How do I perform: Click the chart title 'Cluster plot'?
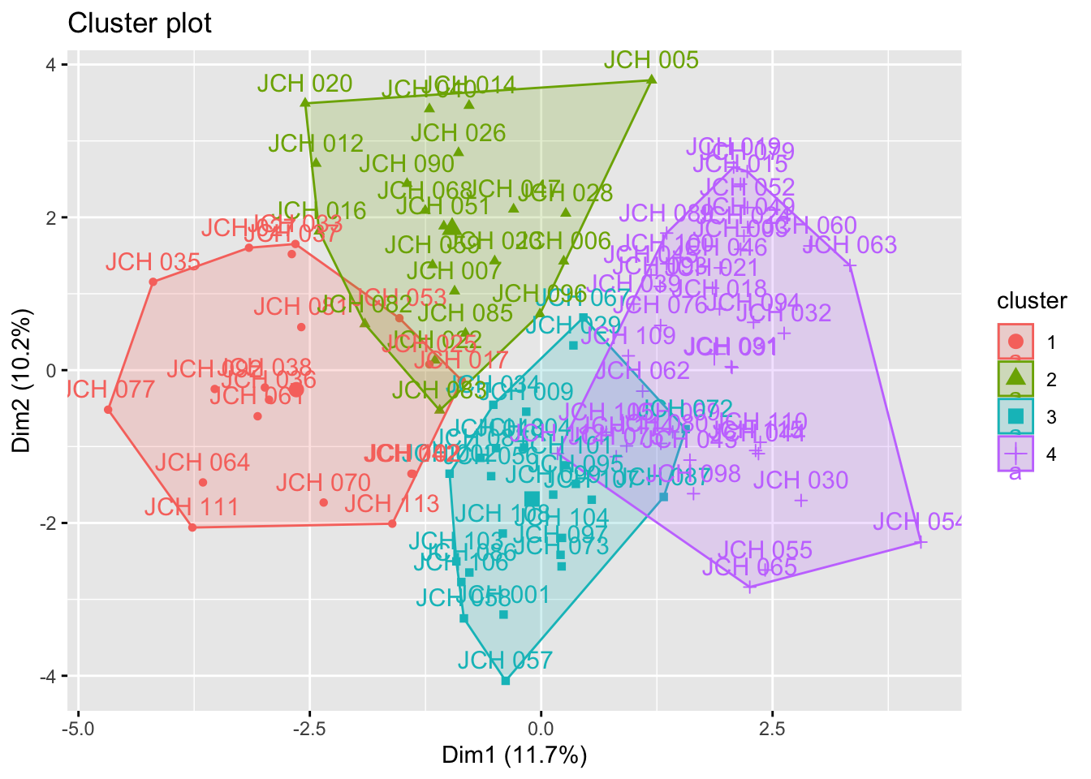tap(140, 24)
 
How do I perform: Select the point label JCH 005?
tap(651, 60)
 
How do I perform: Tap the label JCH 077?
tap(108, 389)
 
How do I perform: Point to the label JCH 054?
tap(918, 522)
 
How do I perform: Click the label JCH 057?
tap(505, 661)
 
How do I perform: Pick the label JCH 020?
tap(304, 84)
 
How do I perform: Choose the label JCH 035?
tap(153, 262)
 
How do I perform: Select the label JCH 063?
tap(849, 245)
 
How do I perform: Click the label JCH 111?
tap(192, 508)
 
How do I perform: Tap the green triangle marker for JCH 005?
tap(652, 80)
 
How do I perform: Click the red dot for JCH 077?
tap(108, 410)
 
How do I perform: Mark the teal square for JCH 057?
tap(506, 681)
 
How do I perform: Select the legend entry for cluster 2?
tap(1016, 379)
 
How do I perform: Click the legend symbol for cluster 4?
tap(1016, 454)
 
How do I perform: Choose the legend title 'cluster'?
tap(1032, 301)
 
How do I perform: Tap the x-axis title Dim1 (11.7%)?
tap(514, 755)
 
